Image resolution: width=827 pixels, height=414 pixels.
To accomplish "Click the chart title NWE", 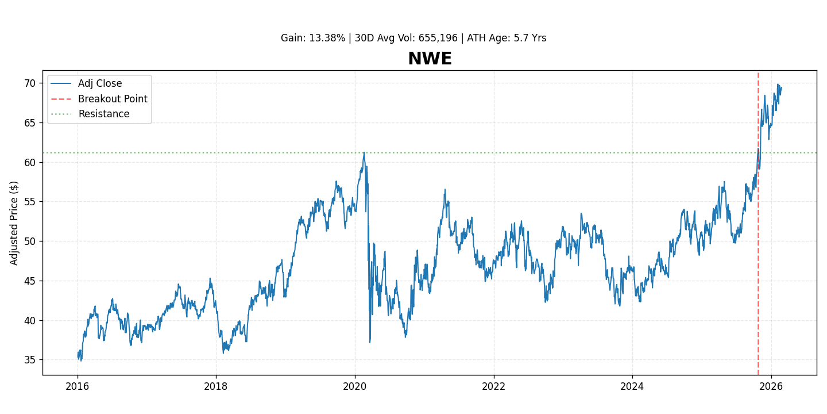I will pos(430,59).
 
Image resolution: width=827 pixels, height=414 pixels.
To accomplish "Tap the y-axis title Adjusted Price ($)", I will pos(14,223).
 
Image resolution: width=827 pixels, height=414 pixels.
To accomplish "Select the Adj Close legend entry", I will pos(100,84).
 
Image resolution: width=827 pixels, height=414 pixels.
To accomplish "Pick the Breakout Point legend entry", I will pos(113,99).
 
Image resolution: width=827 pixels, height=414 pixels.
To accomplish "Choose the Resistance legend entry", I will pos(103,114).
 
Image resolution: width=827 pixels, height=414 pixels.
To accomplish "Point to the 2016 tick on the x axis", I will pos(78,386).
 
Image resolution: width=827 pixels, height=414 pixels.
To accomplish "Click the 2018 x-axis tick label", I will pos(216,386).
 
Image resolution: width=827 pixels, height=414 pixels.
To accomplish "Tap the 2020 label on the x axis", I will pos(354,386).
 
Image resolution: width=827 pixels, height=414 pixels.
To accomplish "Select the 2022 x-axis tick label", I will pos(493,386).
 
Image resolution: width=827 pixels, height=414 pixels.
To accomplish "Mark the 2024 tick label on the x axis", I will pos(632,386).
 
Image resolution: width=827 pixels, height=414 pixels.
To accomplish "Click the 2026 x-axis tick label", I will pos(771,386).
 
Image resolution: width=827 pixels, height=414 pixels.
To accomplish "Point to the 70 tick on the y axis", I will pos(29,83).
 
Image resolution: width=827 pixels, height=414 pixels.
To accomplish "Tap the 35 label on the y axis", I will pos(29,360).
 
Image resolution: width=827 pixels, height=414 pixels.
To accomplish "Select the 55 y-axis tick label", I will pos(29,202).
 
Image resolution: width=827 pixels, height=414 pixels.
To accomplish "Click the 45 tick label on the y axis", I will pos(29,281).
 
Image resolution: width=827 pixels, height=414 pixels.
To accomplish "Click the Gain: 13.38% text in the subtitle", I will pos(313,39).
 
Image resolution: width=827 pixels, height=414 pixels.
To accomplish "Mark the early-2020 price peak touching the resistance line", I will pos(364,153).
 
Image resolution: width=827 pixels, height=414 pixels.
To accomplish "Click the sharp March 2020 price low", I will pos(370,342).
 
